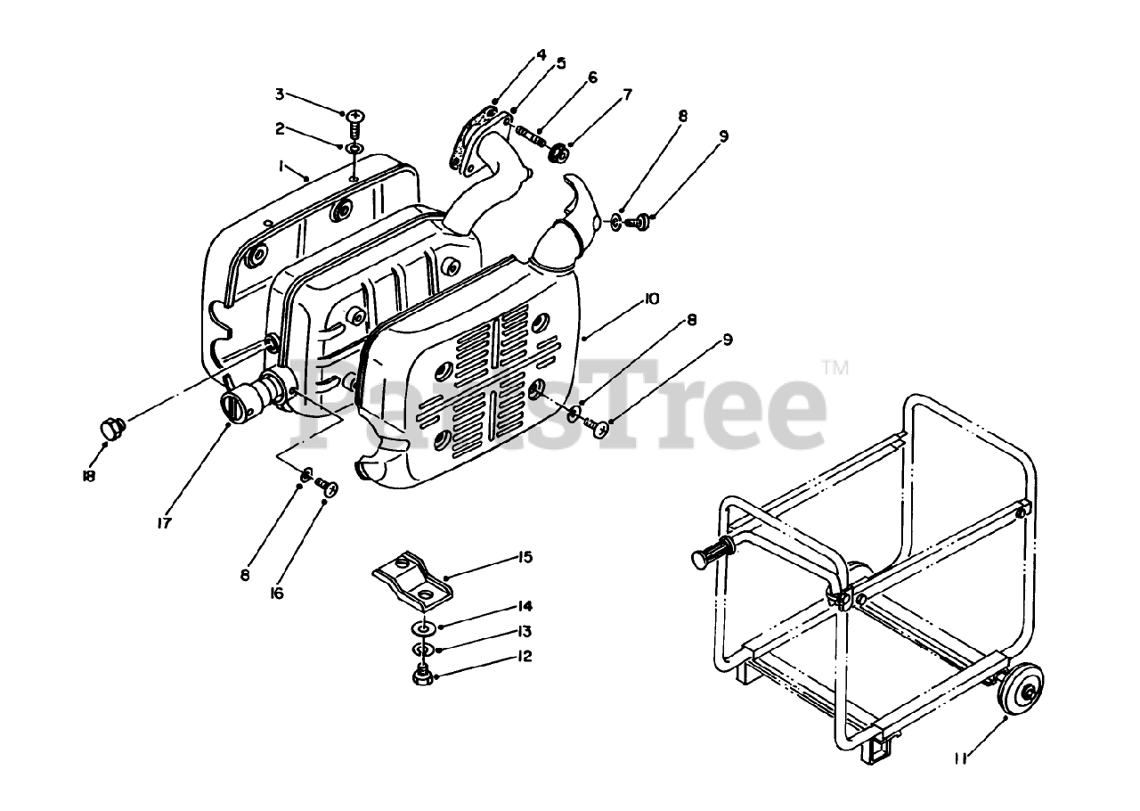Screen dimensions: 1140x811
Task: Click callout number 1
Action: (x=281, y=166)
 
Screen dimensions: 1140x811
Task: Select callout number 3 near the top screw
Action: (x=279, y=94)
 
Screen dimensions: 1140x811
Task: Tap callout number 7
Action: (x=627, y=94)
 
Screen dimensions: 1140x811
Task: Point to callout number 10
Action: (x=651, y=300)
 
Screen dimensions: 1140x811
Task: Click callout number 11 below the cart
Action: (x=961, y=758)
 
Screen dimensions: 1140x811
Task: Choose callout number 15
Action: (x=525, y=558)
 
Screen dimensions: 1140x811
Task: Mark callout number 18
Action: (x=88, y=476)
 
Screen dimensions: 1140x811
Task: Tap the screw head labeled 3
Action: (x=355, y=116)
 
